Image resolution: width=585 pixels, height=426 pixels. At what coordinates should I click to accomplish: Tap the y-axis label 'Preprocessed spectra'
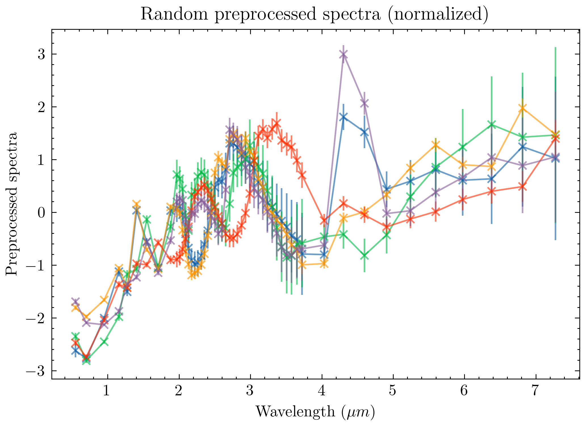click(x=12, y=204)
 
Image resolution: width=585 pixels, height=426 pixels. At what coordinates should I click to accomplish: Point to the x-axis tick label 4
click(x=322, y=391)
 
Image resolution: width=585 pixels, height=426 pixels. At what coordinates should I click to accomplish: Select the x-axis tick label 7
click(x=535, y=391)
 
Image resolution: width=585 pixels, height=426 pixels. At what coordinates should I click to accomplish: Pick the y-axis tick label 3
click(x=42, y=54)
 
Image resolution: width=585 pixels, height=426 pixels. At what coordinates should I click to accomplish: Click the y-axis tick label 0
click(x=42, y=212)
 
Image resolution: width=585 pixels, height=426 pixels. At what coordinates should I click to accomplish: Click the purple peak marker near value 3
click(x=343, y=54)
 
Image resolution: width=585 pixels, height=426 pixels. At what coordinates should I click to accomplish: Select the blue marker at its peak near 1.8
click(x=343, y=117)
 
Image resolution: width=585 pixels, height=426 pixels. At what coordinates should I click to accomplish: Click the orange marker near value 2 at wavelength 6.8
click(x=522, y=109)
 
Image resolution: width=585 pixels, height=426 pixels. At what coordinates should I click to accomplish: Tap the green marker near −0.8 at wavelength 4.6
click(x=364, y=256)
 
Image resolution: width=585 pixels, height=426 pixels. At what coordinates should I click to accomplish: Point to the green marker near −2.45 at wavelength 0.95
click(x=104, y=341)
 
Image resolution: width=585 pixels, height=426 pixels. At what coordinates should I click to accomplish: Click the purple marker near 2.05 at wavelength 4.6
click(x=364, y=104)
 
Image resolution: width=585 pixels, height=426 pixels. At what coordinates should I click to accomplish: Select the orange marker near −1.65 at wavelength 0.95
click(x=104, y=300)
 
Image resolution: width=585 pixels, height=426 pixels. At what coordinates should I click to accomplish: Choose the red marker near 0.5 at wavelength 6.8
click(x=522, y=187)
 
